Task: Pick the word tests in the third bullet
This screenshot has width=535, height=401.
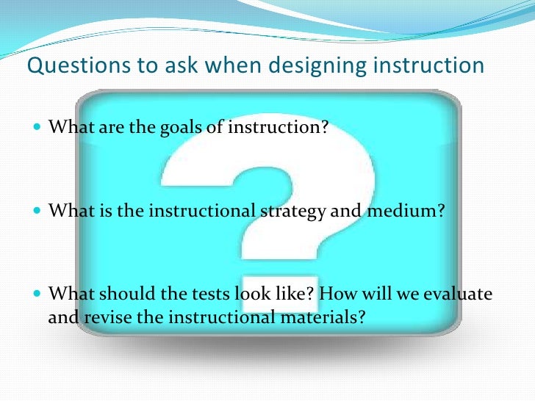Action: point(207,295)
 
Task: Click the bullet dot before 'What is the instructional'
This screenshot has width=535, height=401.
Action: point(38,212)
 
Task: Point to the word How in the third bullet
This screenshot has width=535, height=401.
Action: point(336,295)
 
